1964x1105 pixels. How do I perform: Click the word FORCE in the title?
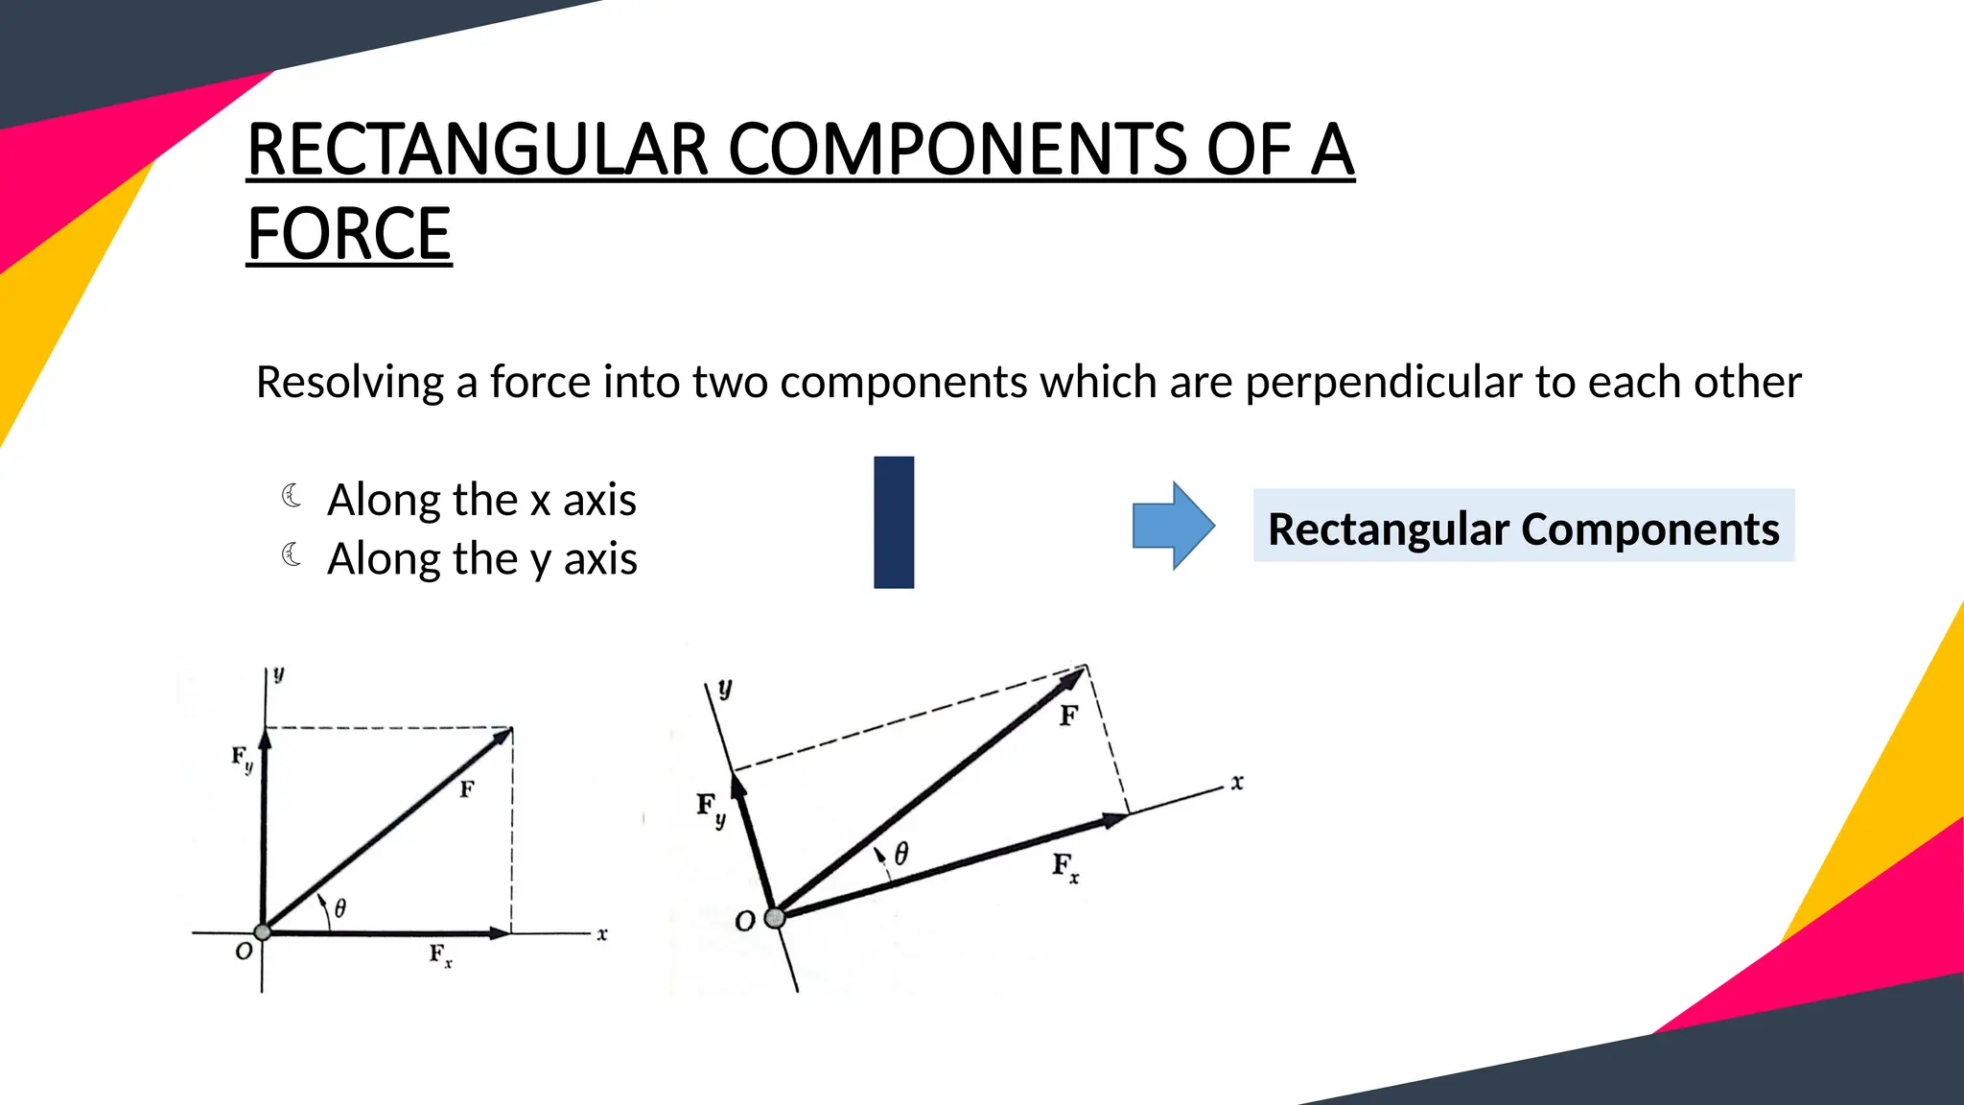[x=349, y=234]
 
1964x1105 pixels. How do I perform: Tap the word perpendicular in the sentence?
[x=1383, y=382]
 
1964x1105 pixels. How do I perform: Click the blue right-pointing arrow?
[x=1173, y=526]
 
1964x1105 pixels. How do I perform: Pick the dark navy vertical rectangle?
[x=894, y=522]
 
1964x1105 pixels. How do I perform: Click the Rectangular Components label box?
[x=1523, y=528]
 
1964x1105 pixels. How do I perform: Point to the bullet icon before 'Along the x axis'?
[x=292, y=496]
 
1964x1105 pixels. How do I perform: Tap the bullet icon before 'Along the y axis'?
[x=292, y=554]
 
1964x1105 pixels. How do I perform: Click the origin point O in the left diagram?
[x=262, y=931]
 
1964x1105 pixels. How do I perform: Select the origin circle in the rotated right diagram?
[x=775, y=918]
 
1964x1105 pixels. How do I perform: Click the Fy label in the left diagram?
[x=243, y=759]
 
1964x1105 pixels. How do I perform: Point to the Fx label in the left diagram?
[x=440, y=954]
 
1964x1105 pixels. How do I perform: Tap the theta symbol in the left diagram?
[x=340, y=907]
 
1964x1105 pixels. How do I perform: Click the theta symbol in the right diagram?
[x=901, y=853]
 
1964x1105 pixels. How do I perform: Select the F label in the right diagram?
[x=1068, y=716]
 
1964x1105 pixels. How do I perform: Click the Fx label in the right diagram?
[x=1064, y=867]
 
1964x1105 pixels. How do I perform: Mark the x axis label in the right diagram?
[x=1237, y=783]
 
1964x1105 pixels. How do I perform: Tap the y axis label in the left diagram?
[x=278, y=674]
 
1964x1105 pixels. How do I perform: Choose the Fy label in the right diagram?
[x=711, y=808]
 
